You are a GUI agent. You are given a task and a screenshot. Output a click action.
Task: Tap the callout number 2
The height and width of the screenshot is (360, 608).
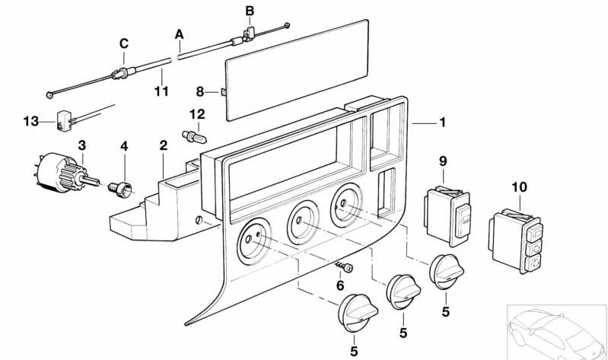coord(163,144)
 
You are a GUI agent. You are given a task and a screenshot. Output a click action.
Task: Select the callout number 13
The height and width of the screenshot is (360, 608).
coord(30,121)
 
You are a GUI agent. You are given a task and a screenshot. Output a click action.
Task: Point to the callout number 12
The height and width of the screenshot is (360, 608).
coord(198,114)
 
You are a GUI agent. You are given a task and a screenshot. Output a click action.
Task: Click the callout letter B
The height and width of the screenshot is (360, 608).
coord(250,11)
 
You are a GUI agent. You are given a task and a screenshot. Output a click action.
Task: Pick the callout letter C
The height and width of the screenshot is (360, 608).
coord(123,43)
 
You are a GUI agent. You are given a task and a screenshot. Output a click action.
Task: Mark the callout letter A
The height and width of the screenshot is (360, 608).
coord(180,34)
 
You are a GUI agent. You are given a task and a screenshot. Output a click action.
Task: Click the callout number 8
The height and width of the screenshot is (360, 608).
coord(200,91)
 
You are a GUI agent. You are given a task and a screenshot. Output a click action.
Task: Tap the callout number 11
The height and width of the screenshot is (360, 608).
coord(161,91)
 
